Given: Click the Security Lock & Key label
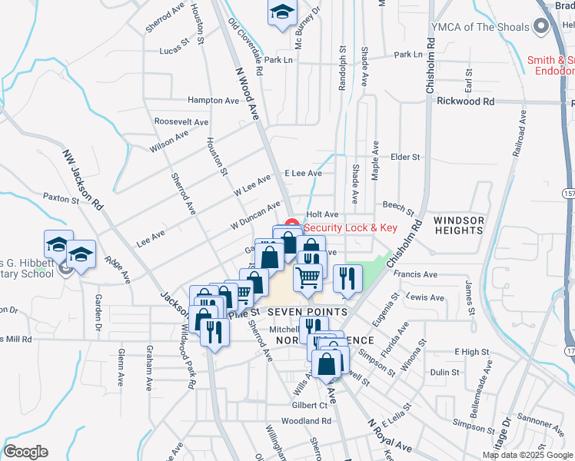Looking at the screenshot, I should point(351,227).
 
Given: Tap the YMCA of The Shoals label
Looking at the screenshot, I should point(480,27).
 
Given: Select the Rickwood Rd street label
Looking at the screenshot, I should point(466,101).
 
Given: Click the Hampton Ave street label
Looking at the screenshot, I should point(214,100).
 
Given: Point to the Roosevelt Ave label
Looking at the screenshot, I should point(181,121).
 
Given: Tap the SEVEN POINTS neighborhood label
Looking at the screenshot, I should point(307,312).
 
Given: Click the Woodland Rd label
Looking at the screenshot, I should point(306,421).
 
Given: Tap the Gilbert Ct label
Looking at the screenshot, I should point(311,404).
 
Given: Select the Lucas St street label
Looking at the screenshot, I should point(174,49).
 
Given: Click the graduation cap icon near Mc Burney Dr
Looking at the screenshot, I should point(282,12).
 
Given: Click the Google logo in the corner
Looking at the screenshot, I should point(25,452).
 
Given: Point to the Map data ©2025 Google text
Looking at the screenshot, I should point(527,455).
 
